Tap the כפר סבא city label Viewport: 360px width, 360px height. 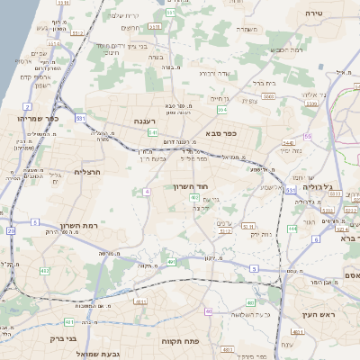coord(219,133)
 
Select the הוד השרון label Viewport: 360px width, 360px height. coord(191,186)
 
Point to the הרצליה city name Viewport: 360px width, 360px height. coord(89,171)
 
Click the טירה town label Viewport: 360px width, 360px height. coord(314,13)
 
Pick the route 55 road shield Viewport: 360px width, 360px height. coord(307,136)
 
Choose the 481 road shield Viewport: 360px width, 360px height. coord(70,322)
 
